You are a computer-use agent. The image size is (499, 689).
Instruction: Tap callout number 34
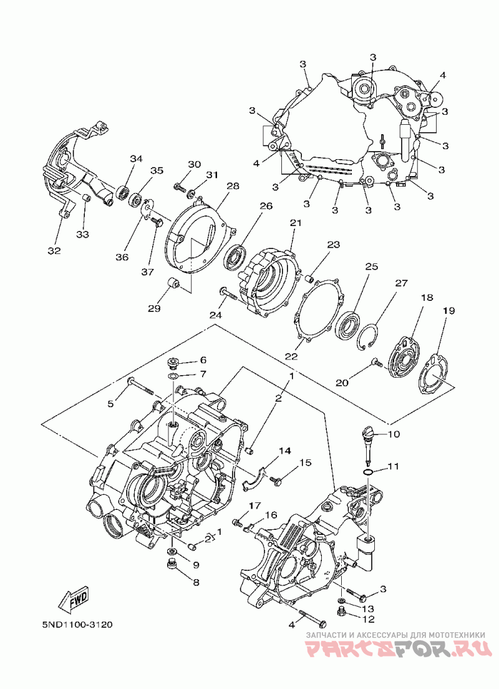[137, 159]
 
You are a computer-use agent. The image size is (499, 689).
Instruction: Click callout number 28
[216, 187]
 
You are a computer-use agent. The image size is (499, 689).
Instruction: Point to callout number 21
[295, 223]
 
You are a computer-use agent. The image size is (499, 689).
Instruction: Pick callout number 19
[448, 310]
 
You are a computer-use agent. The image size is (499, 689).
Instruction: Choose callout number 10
[394, 434]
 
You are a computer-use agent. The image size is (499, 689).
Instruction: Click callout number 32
[54, 251]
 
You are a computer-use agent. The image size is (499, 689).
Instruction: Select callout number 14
[285, 451]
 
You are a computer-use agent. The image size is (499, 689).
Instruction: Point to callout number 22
[292, 356]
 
